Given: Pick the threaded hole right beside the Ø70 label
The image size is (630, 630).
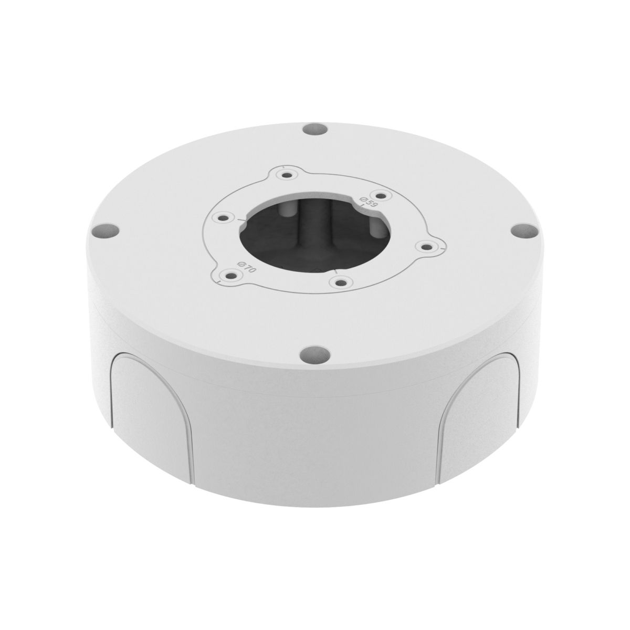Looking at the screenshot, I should pyautogui.click(x=228, y=274).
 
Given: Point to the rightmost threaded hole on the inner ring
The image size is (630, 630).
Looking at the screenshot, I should pyautogui.click(x=425, y=245).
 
